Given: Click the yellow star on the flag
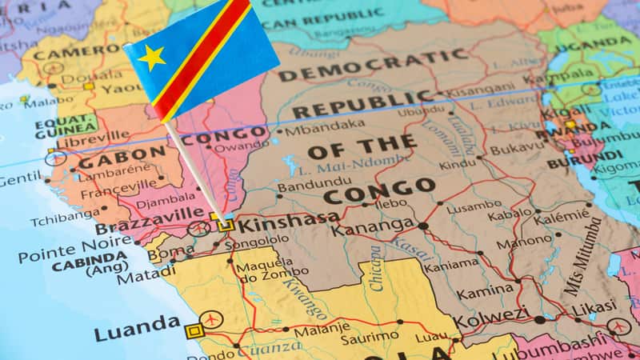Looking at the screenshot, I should click(152, 57).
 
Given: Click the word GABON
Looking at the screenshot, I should click(121, 155).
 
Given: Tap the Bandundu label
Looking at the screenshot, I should click(303, 186).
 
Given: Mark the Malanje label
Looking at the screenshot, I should click(321, 330).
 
